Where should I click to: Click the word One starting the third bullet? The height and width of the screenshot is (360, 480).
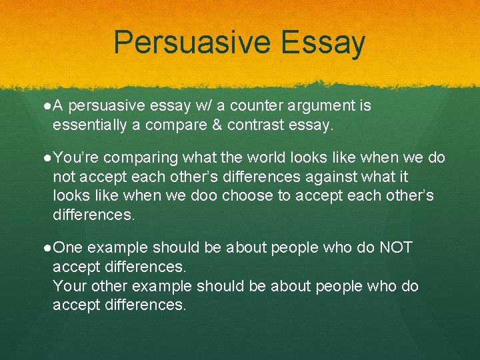click(68, 248)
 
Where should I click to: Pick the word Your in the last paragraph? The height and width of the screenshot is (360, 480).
click(69, 286)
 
